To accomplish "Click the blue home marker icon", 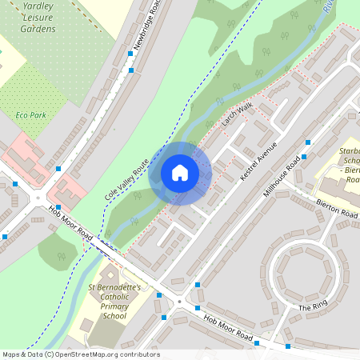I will [x=180, y=173].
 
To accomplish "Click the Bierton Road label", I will [x=336, y=210].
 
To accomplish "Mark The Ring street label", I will [x=313, y=307].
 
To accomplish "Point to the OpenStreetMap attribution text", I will [x=80, y=354].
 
